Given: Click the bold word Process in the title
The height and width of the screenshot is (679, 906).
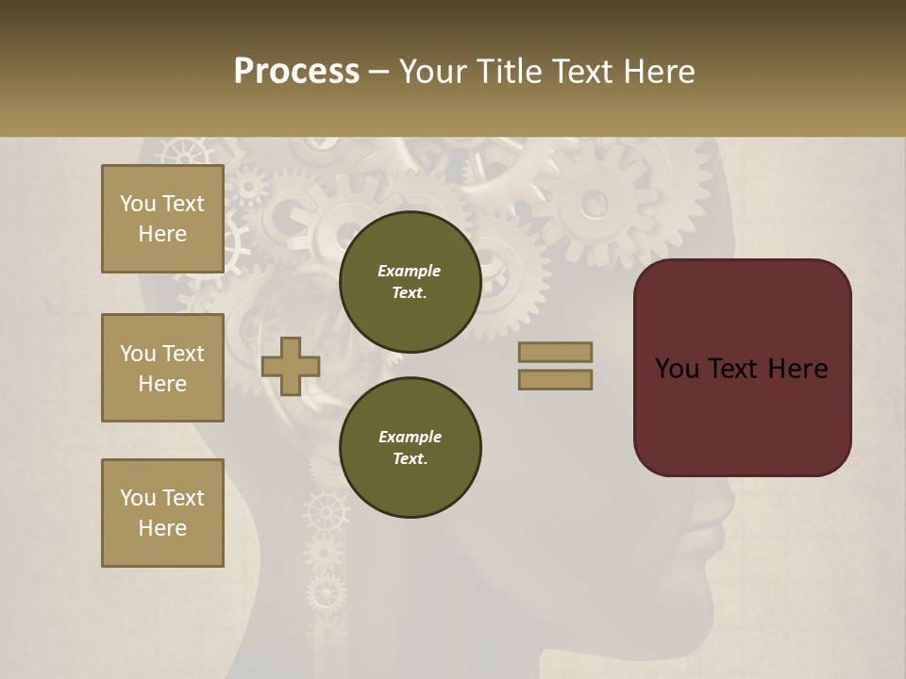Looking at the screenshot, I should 296,72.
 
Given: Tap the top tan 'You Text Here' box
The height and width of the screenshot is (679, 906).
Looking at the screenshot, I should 162,219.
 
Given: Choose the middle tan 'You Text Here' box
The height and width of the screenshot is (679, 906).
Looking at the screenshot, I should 162,368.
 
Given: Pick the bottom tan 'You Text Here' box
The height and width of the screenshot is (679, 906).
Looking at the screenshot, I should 162,513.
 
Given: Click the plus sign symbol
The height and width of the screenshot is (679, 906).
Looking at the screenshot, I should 291,366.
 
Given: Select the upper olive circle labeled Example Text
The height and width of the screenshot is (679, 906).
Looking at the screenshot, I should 410,281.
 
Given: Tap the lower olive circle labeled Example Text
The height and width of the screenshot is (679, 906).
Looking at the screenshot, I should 410,447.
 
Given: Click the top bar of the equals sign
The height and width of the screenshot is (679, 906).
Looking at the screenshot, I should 555,352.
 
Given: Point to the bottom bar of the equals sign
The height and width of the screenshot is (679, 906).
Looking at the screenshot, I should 555,379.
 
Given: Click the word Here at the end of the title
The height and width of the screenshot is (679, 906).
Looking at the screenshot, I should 660,72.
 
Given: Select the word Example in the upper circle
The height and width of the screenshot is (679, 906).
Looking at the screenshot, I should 410,271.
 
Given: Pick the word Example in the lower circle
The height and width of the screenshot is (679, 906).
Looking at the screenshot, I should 410,437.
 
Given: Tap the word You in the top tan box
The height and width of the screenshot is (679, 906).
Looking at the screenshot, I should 138,204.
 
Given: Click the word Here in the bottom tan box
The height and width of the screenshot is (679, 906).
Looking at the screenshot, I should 162,528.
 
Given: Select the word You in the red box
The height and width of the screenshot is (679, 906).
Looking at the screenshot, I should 677,369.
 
